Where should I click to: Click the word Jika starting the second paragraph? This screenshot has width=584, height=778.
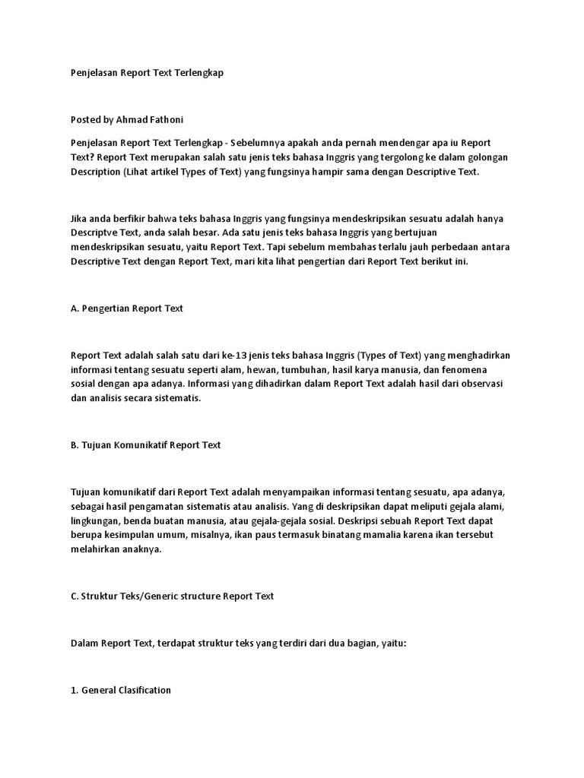[x=80, y=218]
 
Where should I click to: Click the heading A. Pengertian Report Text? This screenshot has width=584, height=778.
[x=127, y=308]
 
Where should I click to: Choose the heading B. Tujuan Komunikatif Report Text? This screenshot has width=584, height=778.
[x=145, y=444]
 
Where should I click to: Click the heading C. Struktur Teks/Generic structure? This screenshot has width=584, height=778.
[x=172, y=596]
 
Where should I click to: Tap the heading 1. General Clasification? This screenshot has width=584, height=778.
[x=121, y=690]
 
